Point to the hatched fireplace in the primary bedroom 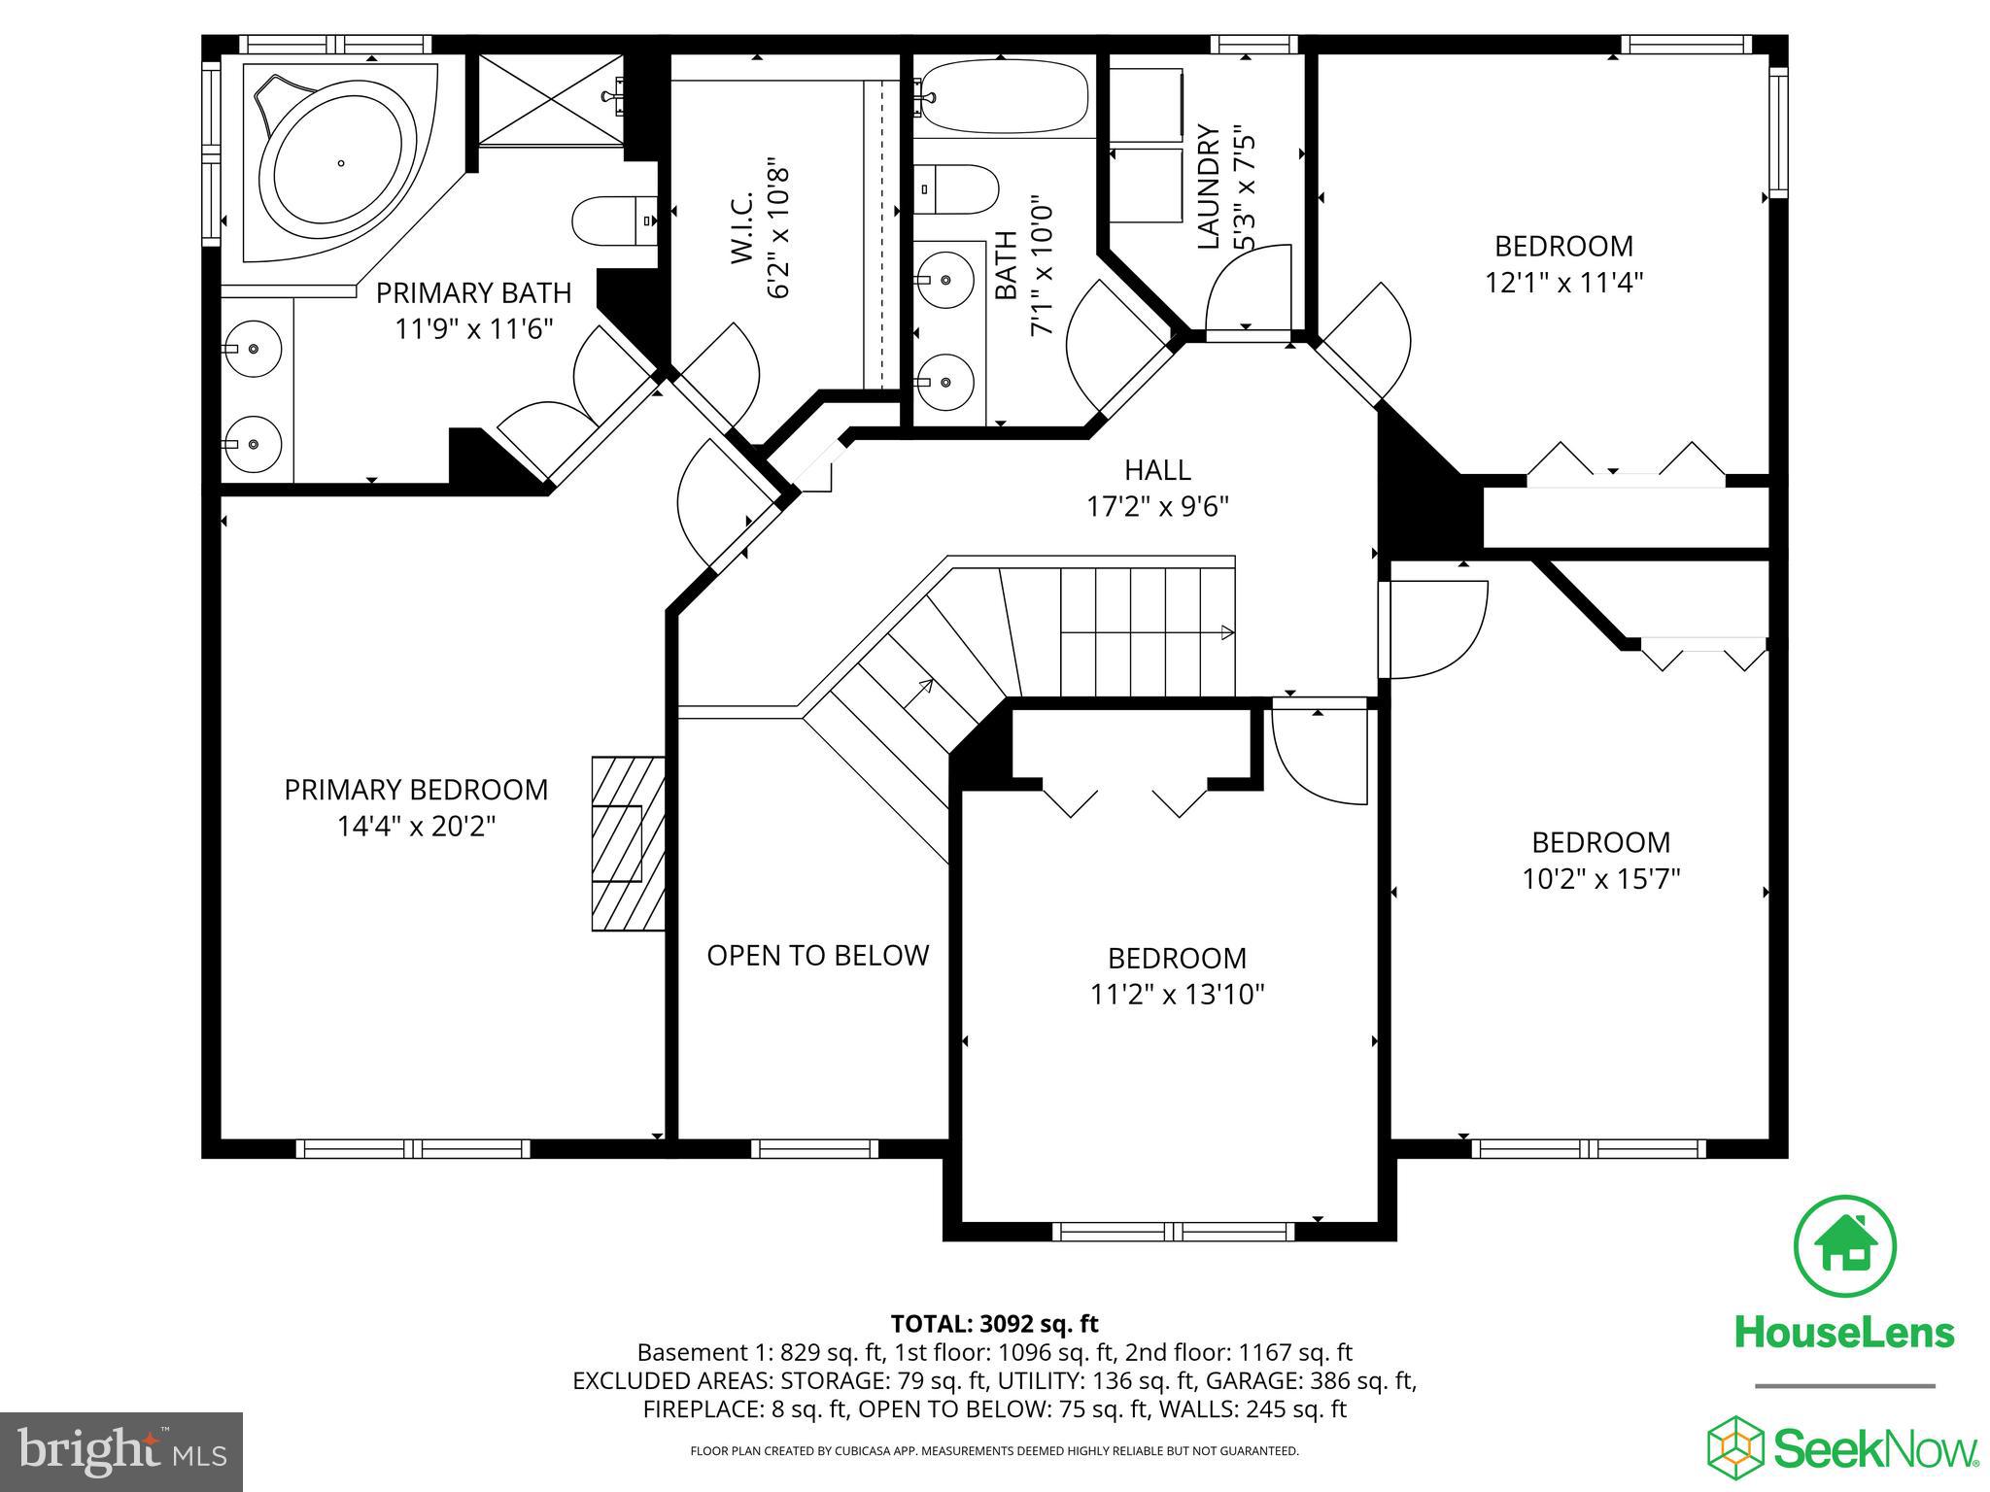click(x=628, y=843)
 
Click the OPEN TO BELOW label click(x=817, y=956)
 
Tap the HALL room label click(x=1157, y=470)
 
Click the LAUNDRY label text click(x=1208, y=186)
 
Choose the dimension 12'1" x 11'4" click(x=1563, y=283)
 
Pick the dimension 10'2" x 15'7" click(x=1600, y=879)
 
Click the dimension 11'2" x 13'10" click(x=1177, y=995)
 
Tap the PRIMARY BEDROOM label click(x=416, y=790)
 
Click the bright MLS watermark click(x=121, y=1452)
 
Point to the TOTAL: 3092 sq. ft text click(x=994, y=1324)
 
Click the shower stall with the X click(x=550, y=100)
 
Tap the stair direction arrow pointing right click(x=1226, y=632)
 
